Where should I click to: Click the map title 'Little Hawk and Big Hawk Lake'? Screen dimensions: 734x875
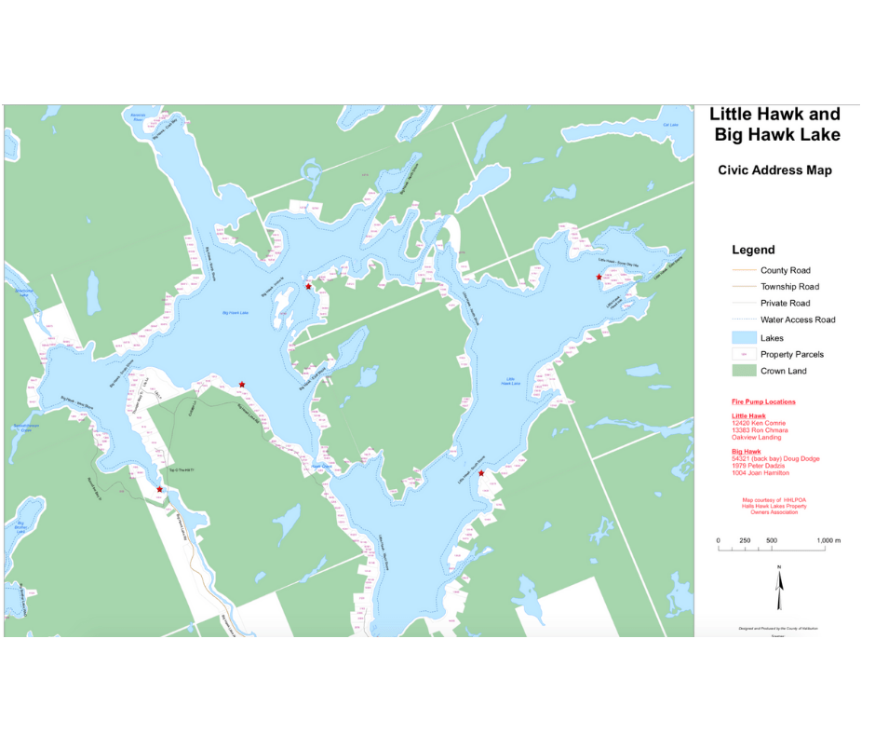pyautogui.click(x=774, y=124)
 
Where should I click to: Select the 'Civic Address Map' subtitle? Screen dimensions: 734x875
pyautogui.click(x=774, y=170)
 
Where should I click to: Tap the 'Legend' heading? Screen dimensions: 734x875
pyautogui.click(x=753, y=250)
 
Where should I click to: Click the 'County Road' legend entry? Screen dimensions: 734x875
pyautogui.click(x=785, y=270)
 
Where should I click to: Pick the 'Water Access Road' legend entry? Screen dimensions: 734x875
pyautogui.click(x=797, y=319)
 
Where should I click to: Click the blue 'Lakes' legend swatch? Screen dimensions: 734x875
pyautogui.click(x=743, y=337)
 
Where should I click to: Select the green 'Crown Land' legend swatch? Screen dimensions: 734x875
pyautogui.click(x=743, y=371)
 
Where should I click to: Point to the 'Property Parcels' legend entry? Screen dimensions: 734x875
pyautogui.click(x=791, y=354)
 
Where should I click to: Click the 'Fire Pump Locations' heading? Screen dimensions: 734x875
pyautogui.click(x=763, y=401)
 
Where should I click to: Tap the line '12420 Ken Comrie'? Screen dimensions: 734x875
pyautogui.click(x=759, y=424)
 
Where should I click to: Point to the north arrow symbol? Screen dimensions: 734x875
pyautogui.click(x=779, y=581)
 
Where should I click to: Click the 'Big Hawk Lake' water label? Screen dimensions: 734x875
pyautogui.click(x=235, y=313)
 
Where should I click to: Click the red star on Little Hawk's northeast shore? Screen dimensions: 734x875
pyautogui.click(x=599, y=277)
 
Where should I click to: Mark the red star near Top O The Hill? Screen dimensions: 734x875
pyautogui.click(x=160, y=489)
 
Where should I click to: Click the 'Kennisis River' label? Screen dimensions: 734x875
pyautogui.click(x=139, y=117)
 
